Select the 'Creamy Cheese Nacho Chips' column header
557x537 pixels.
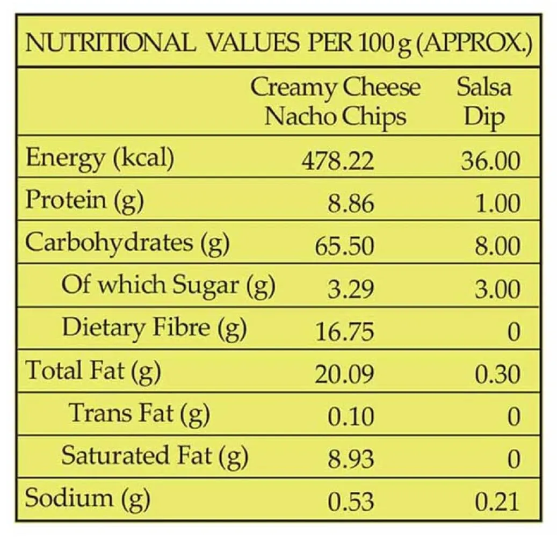point(335,101)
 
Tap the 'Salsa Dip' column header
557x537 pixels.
point(484,101)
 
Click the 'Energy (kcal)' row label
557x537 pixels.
point(100,158)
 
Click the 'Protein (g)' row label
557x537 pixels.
point(84,201)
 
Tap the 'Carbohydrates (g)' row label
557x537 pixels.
point(127,243)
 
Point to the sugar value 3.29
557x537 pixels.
point(351,289)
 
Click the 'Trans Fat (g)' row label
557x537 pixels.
point(139,413)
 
